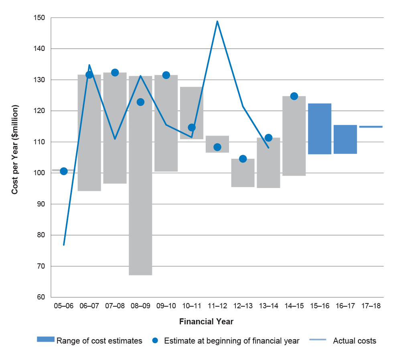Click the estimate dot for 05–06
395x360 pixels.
pyautogui.click(x=64, y=171)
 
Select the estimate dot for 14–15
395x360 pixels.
pyautogui.click(x=294, y=96)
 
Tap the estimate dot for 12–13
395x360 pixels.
pyautogui.click(x=243, y=159)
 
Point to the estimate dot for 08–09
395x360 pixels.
pyautogui.click(x=141, y=102)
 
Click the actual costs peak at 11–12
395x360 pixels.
pyautogui.click(x=217, y=21)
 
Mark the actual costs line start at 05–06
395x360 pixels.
pyautogui.click(x=64, y=245)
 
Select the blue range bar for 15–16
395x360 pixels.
pyautogui.click(x=320, y=129)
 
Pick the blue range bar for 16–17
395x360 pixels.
pyautogui.click(x=345, y=139)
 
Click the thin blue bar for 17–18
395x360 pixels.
pyautogui.click(x=371, y=127)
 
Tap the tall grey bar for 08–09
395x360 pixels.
pyautogui.click(x=141, y=176)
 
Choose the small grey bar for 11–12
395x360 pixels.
pyautogui.click(x=217, y=144)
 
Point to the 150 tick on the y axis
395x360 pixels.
pyautogui.click(x=39, y=18)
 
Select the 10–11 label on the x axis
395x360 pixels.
pyautogui.click(x=192, y=306)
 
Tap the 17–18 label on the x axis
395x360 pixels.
pyautogui.click(x=371, y=306)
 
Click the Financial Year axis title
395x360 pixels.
pyautogui.click(x=206, y=322)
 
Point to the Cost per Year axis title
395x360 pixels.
pyautogui.click(x=15, y=150)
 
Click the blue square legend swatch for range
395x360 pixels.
pyautogui.click(x=46, y=339)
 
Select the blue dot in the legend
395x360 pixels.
pyautogui.click(x=155, y=341)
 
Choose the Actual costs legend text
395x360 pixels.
pyautogui.click(x=354, y=341)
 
